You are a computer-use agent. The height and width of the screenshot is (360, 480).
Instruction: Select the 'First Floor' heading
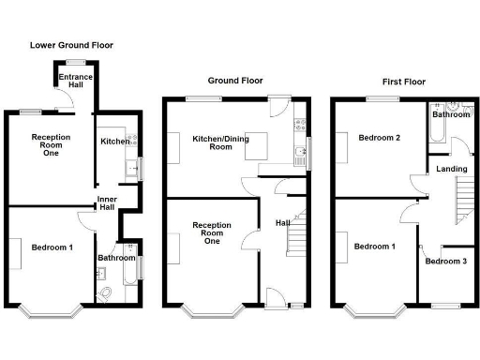click(395, 82)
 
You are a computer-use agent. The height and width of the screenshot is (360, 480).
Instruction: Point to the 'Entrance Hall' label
click(72, 82)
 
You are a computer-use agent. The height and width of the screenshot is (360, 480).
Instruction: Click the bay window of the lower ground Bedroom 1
click(53, 308)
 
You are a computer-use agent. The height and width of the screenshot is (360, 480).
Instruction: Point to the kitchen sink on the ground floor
click(301, 154)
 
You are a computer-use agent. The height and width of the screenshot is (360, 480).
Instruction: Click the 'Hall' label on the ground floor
click(281, 222)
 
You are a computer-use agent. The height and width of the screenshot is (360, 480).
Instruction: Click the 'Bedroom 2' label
click(380, 138)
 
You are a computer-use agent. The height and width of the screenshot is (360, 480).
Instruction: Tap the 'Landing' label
click(446, 169)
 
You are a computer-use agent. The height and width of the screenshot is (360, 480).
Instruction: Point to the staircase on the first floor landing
click(463, 199)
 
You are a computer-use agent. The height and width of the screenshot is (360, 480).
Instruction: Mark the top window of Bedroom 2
click(382, 97)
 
